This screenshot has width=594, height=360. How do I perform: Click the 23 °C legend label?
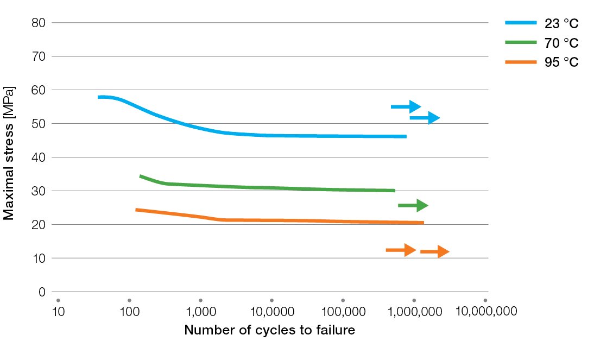pos(561,23)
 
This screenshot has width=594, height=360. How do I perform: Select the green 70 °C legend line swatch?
pos(521,42)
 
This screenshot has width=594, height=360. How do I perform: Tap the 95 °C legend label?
pos(561,62)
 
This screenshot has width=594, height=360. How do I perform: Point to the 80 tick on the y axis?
pos(38,23)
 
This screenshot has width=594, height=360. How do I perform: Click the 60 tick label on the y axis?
pos(38,90)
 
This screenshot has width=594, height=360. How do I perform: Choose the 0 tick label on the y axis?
pos(42,292)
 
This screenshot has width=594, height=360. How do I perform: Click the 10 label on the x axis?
pos(58,312)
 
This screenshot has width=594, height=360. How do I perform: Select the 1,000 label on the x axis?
pos(201,312)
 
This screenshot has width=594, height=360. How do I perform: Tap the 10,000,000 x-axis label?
pos(486,311)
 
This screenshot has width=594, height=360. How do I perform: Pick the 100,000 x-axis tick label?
pos(343,312)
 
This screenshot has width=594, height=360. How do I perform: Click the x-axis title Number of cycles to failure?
pos(269,330)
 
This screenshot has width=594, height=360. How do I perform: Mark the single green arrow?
pos(413,205)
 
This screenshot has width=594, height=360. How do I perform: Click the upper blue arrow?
pos(406,107)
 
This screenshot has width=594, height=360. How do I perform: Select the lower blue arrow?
pos(425,118)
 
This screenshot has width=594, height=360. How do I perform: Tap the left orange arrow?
pos(401,250)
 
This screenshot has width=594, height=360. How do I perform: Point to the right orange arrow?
pos(435,251)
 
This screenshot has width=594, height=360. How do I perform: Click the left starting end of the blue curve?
pos(98,97)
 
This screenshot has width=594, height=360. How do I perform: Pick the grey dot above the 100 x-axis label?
pos(130,300)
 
